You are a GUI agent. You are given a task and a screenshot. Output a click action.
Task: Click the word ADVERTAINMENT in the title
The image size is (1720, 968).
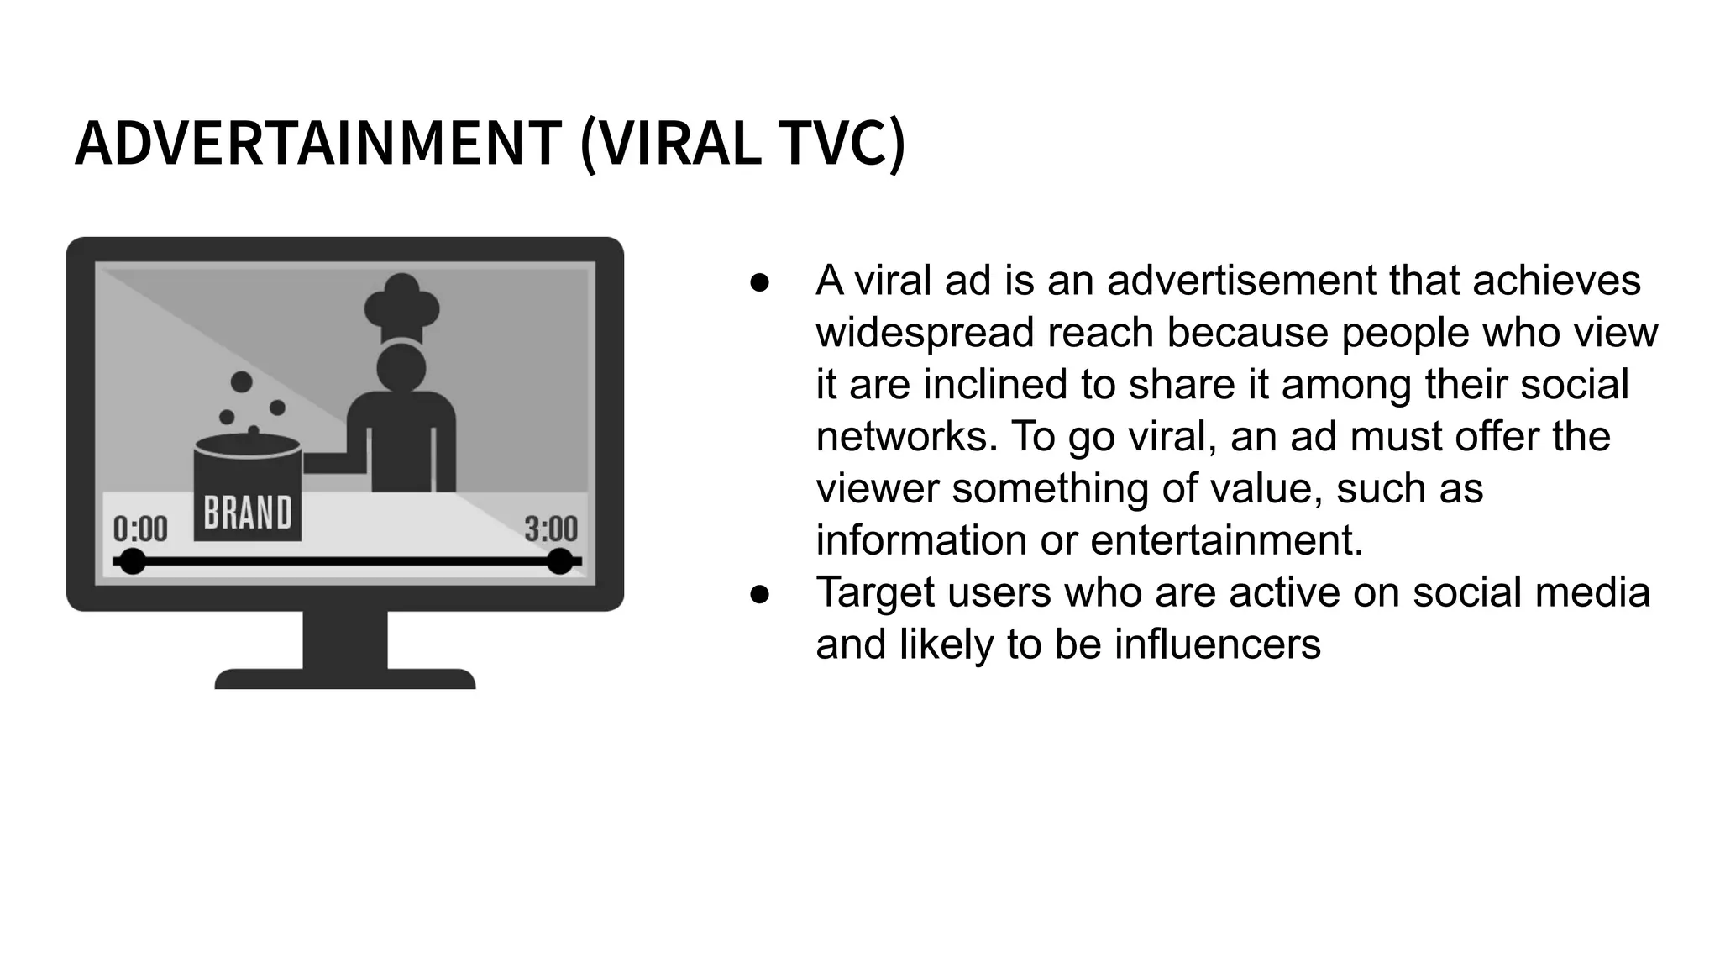pos(317,144)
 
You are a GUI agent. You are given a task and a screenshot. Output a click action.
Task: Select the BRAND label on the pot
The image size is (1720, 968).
pos(248,513)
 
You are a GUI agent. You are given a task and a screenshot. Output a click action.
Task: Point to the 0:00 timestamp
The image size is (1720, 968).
pos(140,529)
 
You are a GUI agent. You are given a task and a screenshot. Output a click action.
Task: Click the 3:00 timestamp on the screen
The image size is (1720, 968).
pos(551,529)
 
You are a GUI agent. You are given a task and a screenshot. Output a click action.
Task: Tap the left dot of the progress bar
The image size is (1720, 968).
pos(132,561)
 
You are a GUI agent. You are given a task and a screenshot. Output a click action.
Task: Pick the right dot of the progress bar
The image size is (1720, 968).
pos(559,561)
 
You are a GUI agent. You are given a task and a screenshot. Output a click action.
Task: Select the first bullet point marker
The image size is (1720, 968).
pos(759,281)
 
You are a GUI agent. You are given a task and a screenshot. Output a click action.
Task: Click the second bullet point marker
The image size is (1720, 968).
pos(759,593)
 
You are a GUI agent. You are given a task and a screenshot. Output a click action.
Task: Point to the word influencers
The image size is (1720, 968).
pos(1217,644)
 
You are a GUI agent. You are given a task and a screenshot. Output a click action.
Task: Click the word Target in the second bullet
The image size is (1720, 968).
pos(874,592)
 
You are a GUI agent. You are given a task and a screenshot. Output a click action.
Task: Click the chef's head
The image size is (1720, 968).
pos(401,367)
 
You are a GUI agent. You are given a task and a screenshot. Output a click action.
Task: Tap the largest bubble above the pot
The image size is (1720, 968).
pos(242,381)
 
